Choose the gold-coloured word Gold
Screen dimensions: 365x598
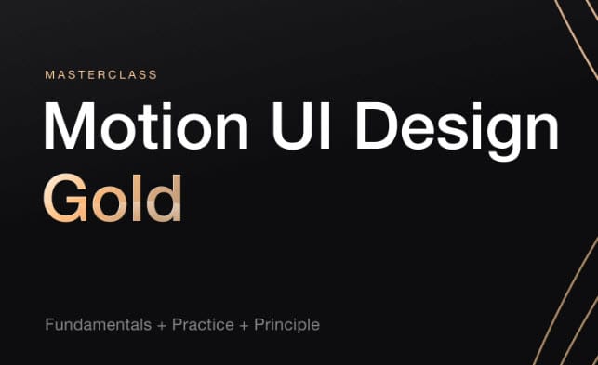point(112,196)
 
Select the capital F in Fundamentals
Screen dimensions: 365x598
point(49,325)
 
